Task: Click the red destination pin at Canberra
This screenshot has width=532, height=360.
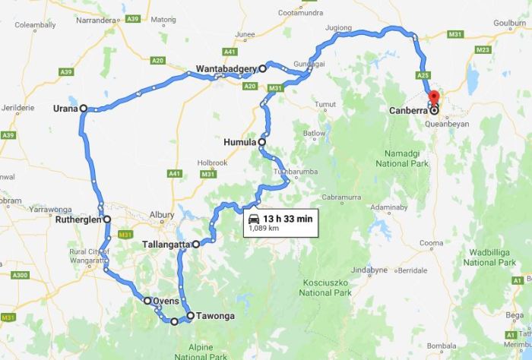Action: [x=433, y=98]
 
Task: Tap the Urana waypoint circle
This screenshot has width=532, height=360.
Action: [x=83, y=109]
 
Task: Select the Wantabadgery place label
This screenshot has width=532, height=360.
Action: [x=226, y=68]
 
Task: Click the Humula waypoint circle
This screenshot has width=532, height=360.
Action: [x=262, y=142]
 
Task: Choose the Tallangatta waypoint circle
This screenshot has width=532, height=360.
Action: [x=196, y=245]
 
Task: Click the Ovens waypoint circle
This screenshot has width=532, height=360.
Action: [x=147, y=301]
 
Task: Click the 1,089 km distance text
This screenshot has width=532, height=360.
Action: [x=264, y=229]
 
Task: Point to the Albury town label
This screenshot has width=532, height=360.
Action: [x=162, y=215]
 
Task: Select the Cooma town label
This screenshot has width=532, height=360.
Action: [x=431, y=243]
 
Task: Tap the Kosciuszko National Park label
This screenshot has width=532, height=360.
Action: [x=325, y=286]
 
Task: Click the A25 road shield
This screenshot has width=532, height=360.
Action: [x=424, y=75]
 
